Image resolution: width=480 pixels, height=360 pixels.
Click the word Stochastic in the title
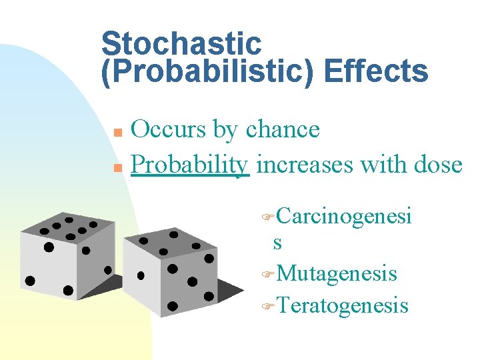[181, 44]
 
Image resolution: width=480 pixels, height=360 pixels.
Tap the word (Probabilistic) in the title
[209, 71]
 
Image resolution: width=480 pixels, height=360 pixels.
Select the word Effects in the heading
[376, 71]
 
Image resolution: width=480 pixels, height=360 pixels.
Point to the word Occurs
[169, 129]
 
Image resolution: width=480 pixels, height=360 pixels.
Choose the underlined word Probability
[190, 163]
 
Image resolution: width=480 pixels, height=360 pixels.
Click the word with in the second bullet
[383, 163]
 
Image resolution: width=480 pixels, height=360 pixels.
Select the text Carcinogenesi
[344, 216]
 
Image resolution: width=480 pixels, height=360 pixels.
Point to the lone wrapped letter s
[277, 243]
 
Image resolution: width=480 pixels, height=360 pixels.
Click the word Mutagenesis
[337, 273]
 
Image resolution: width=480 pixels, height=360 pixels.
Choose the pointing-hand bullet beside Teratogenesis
[268, 307]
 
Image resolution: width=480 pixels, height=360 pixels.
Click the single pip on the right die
[141, 275]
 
